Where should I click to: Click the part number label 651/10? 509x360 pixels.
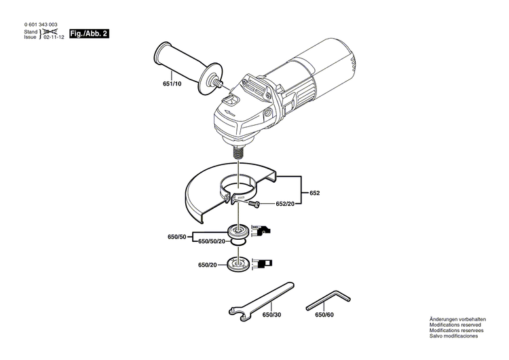coord(172,84)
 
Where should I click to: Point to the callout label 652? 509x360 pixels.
coord(314,193)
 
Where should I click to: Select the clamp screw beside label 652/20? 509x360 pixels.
coord(254,203)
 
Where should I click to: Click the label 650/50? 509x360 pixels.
coord(177,237)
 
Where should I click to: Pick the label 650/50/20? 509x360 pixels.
coord(212,241)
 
